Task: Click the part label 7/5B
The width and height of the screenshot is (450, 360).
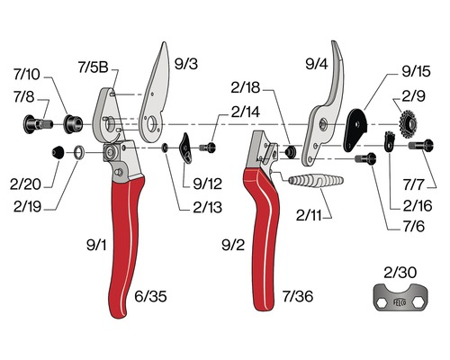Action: pos(93,67)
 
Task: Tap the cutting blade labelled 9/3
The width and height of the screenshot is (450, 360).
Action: pos(155,96)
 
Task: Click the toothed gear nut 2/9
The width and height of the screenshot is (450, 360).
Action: pos(408,123)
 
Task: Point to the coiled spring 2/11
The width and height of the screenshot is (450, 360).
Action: pos(316,180)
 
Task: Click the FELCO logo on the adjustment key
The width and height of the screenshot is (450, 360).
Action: pos(400,302)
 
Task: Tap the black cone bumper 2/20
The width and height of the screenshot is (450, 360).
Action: pos(58,152)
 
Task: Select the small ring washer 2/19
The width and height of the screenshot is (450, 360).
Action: pos(79,152)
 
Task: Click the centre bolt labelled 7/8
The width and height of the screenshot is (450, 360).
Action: pos(38,123)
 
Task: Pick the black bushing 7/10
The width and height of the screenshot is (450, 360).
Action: pos(73,123)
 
